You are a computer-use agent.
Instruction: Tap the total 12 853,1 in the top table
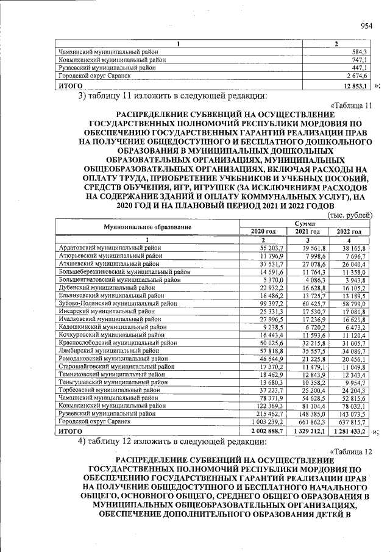pos(353,86)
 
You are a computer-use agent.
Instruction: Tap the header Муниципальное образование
pos(148,227)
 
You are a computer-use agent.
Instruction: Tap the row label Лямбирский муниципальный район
pos(107,351)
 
